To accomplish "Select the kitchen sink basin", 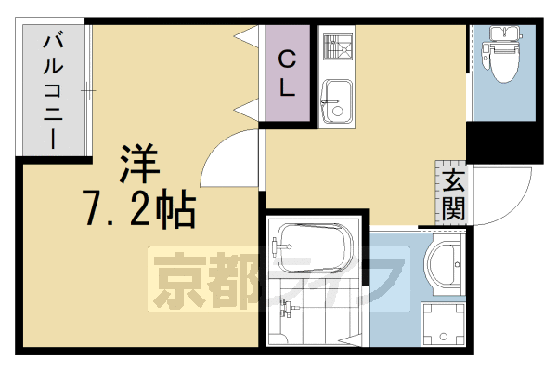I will tap(335, 97).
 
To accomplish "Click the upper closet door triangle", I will tap(248, 36).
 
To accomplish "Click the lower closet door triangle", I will tap(248, 108).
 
